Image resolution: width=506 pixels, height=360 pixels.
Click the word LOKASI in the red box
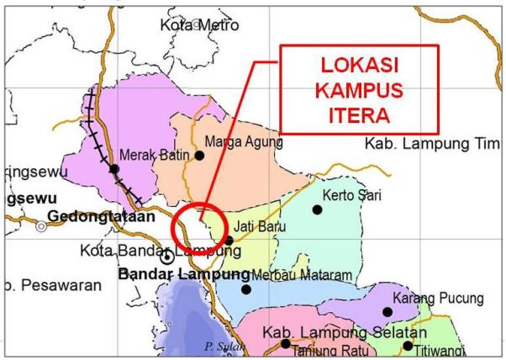[x=359, y=65]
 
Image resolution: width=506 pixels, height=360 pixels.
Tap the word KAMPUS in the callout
[x=359, y=89]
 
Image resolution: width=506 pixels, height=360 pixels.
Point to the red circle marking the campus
[x=198, y=229]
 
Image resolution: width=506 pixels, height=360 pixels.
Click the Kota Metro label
[x=199, y=25]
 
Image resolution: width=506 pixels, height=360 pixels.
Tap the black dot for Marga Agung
[x=200, y=156]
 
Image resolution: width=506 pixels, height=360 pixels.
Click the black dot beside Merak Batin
[x=114, y=168]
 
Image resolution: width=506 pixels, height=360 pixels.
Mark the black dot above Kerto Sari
[x=317, y=209]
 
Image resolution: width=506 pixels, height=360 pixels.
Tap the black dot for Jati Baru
[x=229, y=240]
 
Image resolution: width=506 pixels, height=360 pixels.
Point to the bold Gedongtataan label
[x=102, y=216]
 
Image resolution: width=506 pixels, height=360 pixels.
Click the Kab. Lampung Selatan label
[x=333, y=332]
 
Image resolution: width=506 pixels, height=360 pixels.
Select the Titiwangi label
[x=455, y=346]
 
